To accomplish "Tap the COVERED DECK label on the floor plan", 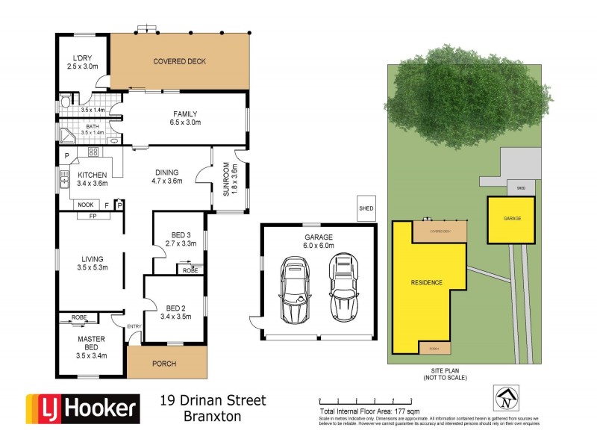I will coord(179,61).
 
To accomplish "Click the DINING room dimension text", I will coord(167,181).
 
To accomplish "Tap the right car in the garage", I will coord(343,287).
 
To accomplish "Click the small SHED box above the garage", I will coord(366,208).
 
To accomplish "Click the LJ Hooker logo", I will coord(83,408).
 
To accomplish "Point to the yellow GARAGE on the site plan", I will coord(511,220).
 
